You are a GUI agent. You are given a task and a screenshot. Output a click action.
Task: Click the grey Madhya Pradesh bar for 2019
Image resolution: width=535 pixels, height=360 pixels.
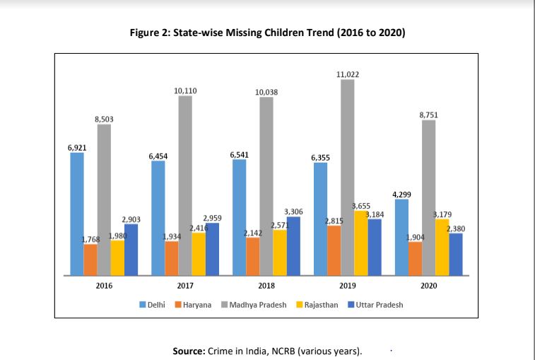(x=347, y=177)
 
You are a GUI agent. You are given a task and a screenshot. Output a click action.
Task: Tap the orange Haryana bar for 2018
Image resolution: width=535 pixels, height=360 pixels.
(x=253, y=256)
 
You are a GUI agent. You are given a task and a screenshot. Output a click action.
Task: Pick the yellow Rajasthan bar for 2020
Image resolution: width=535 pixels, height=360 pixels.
(x=442, y=247)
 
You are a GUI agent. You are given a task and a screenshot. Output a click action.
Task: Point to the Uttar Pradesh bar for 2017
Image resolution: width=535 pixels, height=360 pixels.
(x=212, y=248)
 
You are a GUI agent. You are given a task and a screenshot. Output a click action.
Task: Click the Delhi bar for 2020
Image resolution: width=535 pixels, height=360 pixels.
(x=401, y=237)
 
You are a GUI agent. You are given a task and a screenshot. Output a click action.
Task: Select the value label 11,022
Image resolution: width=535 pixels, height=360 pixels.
(x=347, y=74)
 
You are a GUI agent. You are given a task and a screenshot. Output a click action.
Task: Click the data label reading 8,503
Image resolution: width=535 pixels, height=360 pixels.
(x=104, y=120)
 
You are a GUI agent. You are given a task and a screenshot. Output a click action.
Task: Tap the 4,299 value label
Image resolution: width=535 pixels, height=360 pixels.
(x=401, y=194)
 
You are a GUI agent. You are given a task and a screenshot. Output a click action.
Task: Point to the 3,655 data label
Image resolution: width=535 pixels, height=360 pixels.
(x=361, y=206)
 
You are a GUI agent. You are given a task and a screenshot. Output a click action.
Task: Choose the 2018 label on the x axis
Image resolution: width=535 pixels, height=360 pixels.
(x=266, y=286)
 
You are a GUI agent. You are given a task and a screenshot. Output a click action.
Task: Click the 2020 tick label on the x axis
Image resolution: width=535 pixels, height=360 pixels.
(x=428, y=286)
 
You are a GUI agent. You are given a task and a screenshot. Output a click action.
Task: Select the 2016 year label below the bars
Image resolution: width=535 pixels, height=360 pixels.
(x=104, y=286)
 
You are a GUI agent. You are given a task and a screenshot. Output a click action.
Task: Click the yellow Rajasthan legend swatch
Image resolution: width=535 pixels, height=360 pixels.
(x=299, y=305)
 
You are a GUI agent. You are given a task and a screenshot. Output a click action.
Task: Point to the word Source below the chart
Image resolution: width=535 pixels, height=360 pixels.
(x=189, y=350)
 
